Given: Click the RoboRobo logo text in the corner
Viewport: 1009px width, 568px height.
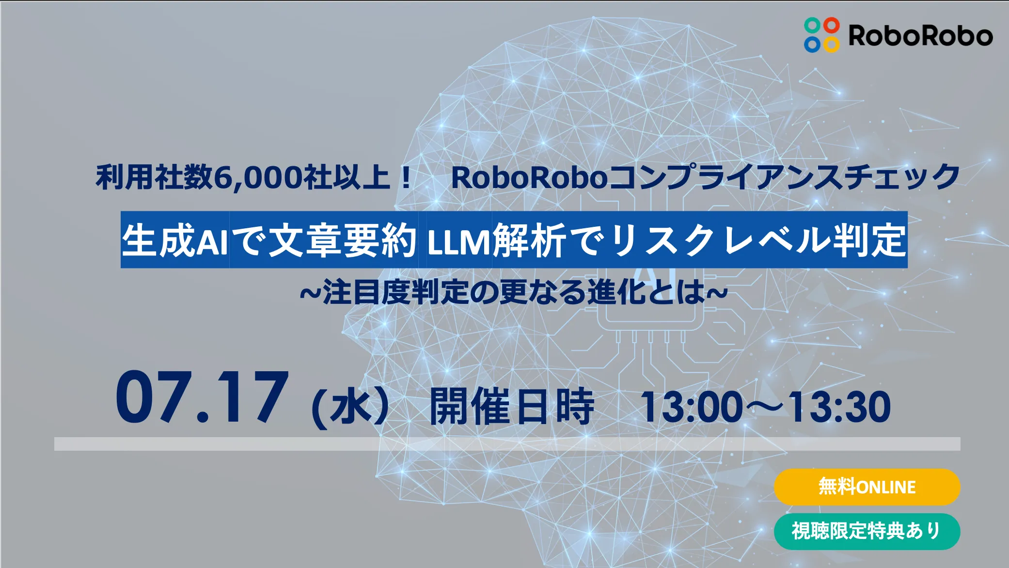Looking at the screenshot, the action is [x=920, y=36].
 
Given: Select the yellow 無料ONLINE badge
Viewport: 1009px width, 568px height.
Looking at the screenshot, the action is [x=867, y=487].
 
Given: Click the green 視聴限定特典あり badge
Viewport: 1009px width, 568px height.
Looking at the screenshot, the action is [x=867, y=531].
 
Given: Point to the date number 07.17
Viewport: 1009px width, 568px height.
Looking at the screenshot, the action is [x=202, y=397].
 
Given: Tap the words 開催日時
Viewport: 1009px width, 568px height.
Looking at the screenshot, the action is [x=512, y=406].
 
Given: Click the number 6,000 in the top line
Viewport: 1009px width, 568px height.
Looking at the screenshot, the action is [x=257, y=177].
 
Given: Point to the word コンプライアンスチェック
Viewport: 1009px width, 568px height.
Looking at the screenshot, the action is [x=784, y=176].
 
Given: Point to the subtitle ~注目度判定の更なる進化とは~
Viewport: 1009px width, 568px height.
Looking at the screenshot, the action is [x=514, y=292].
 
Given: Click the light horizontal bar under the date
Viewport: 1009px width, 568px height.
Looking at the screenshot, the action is [x=507, y=444].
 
